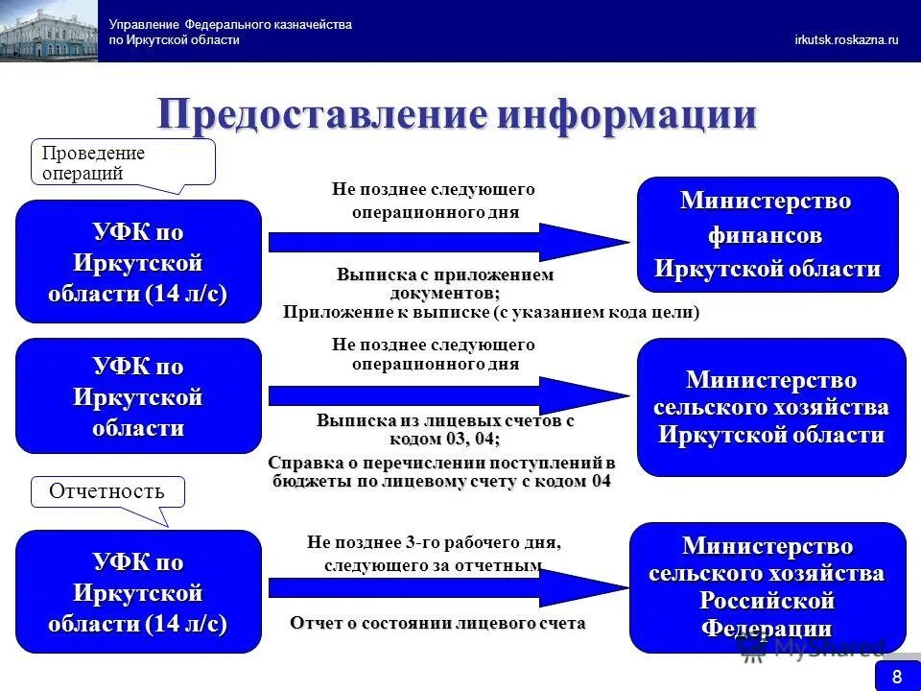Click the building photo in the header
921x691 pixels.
49,32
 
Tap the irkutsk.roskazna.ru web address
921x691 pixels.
846,39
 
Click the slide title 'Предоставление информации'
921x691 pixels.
458,115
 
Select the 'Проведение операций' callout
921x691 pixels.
124,162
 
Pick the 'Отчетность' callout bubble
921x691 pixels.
107,492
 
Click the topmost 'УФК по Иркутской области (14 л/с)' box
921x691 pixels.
138,262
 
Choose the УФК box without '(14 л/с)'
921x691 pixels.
138,396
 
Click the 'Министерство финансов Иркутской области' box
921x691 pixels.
767,235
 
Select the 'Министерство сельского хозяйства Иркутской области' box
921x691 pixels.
771,407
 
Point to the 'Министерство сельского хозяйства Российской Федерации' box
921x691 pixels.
767,587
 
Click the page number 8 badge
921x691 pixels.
897,677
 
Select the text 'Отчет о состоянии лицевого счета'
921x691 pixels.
437,623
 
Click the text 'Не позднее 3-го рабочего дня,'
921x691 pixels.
434,542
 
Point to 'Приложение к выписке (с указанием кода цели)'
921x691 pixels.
491,312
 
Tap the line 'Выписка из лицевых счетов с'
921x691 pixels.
445,420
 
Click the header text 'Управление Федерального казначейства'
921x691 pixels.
230,24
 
